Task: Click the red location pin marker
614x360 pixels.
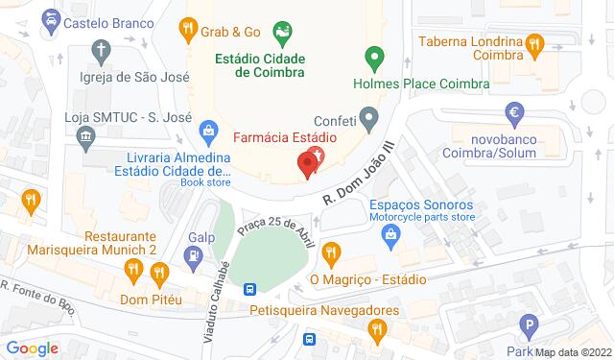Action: (308, 164)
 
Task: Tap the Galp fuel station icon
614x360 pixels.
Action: (195, 255)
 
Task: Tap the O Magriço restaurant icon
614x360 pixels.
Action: (332, 253)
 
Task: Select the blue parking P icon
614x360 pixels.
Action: (526, 324)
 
